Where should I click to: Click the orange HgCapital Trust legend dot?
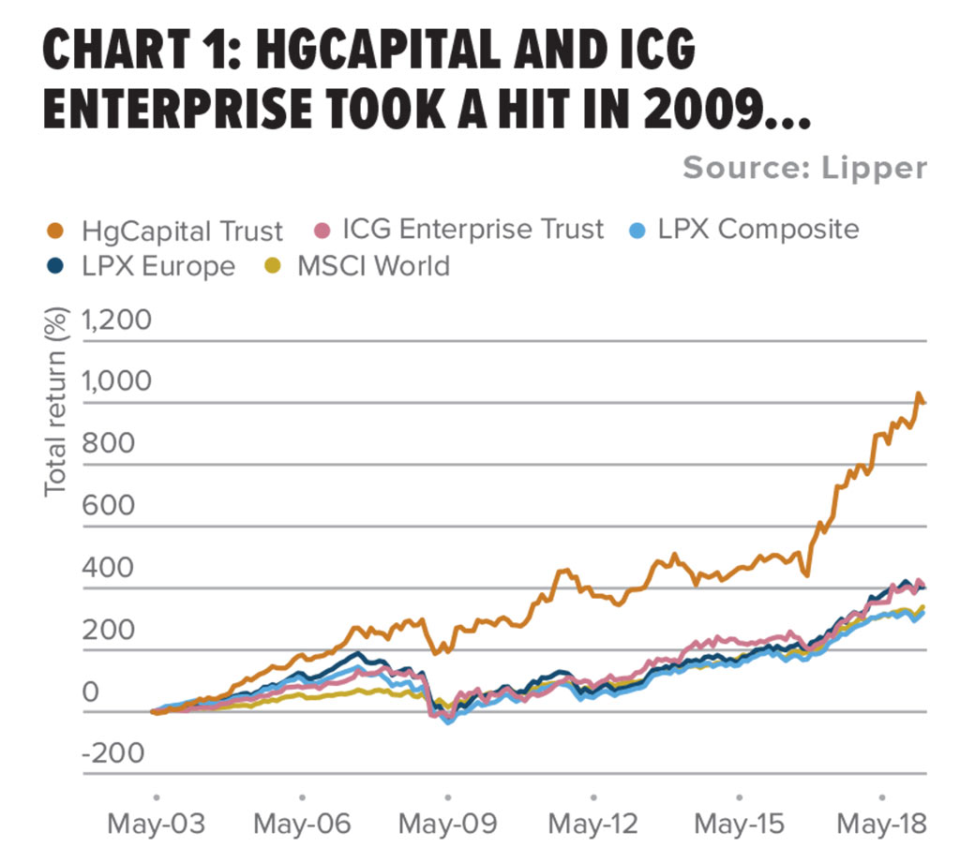tap(56, 230)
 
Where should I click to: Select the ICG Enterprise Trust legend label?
tap(472, 230)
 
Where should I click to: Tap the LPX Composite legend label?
tap(757, 229)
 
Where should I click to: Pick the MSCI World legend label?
tap(373, 266)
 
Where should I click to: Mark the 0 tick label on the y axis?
tap(90, 692)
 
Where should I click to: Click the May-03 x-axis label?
tap(156, 826)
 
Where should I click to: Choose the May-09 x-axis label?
tap(446, 826)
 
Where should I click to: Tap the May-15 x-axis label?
tap(738, 826)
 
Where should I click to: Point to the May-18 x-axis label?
tap(881, 826)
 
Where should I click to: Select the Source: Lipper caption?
tap(804, 169)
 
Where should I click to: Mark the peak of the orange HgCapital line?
tap(919, 394)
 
